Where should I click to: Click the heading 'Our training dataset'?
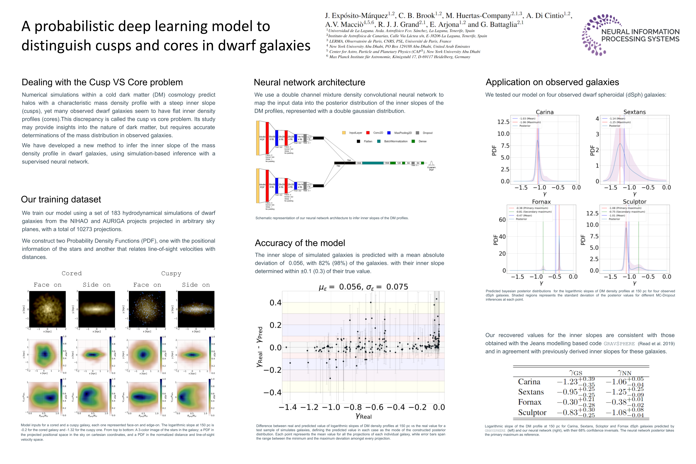pos(61,199)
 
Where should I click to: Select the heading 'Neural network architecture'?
pos(309,82)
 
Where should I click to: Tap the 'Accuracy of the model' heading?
pos(300,243)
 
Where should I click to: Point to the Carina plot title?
pos(544,112)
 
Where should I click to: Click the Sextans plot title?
pos(634,112)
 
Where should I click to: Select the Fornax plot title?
pos(541,202)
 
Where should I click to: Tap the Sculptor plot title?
pos(634,202)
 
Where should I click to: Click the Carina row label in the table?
pos(529,382)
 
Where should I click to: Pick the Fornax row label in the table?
pos(530,402)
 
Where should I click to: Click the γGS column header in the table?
pos(575,373)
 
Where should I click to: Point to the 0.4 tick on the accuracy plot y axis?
pos(275,303)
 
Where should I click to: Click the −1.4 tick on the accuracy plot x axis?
pos(288,407)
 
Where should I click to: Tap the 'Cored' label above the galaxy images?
pos(72,273)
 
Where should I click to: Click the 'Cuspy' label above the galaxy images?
pos(171,273)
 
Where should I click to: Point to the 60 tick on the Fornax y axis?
pos(502,219)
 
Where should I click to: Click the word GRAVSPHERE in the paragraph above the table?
pos(619,344)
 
